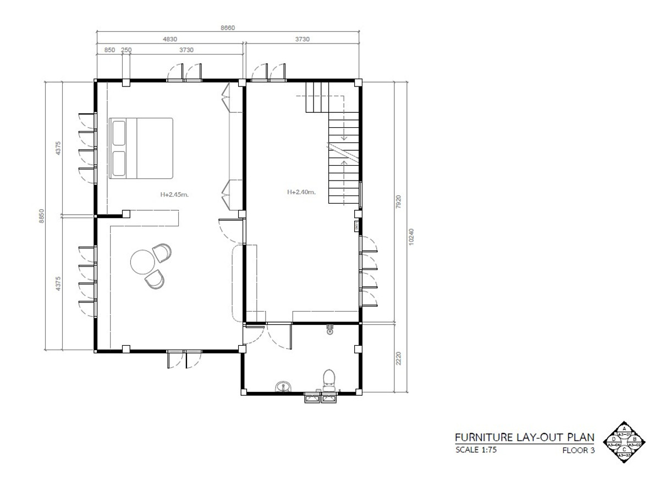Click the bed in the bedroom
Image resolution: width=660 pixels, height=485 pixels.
[x=141, y=148]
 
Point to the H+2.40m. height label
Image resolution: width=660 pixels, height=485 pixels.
[x=301, y=192]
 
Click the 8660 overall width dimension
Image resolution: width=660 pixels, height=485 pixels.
[x=227, y=28]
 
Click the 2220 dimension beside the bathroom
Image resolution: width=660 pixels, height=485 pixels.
[x=400, y=358]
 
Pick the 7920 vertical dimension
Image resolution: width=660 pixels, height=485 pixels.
[x=400, y=201]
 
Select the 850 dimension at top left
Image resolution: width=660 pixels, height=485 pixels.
[x=109, y=50]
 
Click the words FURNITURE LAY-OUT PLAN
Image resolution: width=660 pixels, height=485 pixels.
[x=524, y=438]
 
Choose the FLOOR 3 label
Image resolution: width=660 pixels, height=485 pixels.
[x=578, y=450]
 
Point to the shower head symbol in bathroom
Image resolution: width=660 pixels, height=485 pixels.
[x=329, y=330]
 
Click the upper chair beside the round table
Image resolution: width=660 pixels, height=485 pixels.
[x=162, y=253]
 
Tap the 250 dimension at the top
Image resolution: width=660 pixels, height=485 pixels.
[x=126, y=50]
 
